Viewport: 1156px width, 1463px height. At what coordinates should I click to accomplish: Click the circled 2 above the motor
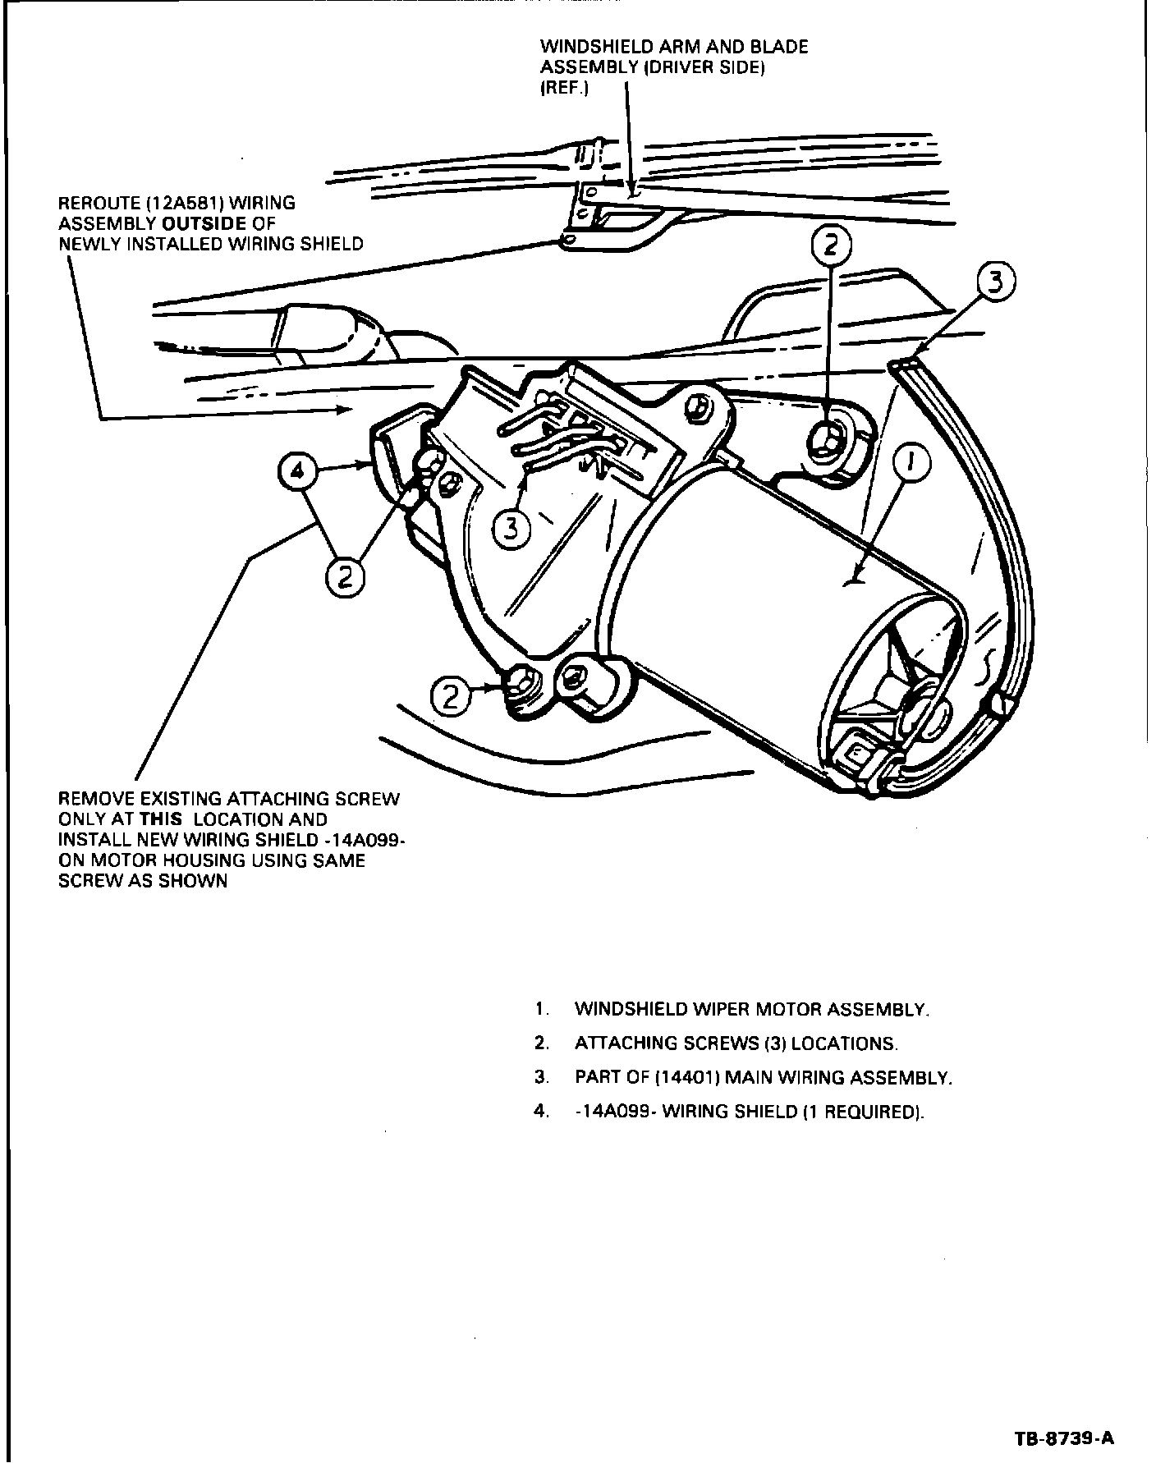[829, 245]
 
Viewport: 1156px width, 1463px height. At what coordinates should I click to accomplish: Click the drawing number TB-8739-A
[1065, 1439]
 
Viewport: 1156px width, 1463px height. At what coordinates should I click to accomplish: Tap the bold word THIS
[161, 819]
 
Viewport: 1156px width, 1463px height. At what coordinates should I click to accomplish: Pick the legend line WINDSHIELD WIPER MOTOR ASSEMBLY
[751, 1009]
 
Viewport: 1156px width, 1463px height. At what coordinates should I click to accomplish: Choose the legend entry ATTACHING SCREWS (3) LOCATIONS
[736, 1043]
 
